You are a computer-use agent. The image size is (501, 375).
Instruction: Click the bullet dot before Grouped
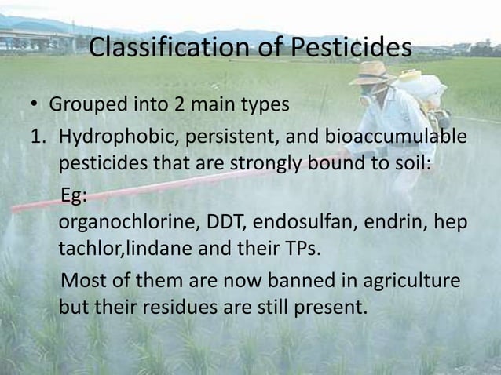(x=36, y=105)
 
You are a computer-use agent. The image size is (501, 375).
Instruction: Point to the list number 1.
(x=36, y=138)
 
